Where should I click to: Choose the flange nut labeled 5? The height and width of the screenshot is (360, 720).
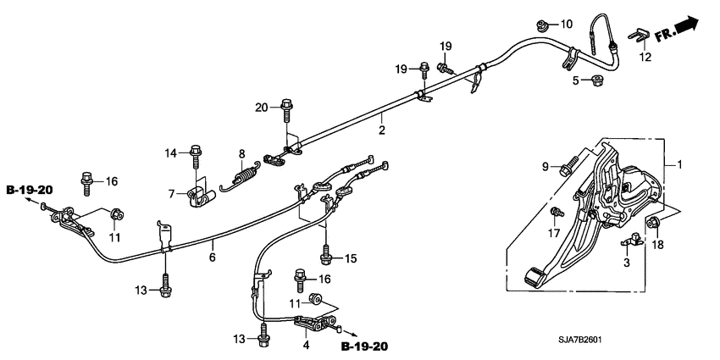tap(598, 81)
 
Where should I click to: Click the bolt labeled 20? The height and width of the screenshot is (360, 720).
tap(287, 111)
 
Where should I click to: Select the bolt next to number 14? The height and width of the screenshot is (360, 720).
tap(197, 155)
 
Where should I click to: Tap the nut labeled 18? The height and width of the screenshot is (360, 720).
tap(653, 224)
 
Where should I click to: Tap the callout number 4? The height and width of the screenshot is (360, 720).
tap(305, 346)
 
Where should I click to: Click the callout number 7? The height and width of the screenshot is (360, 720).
tap(172, 193)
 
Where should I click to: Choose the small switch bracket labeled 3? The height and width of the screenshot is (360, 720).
tap(628, 243)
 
